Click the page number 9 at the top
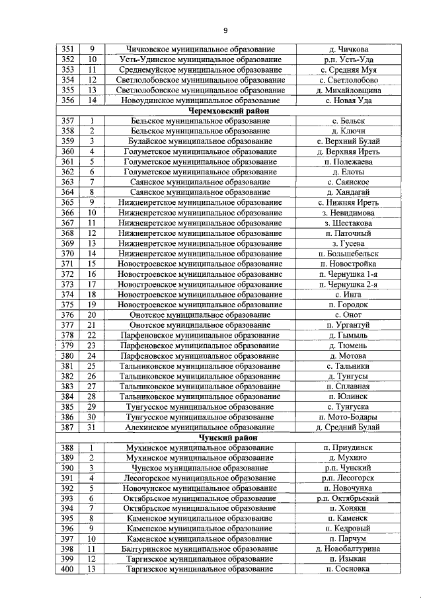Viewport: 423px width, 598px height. [x=225, y=31]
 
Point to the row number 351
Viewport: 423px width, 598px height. [x=67, y=50]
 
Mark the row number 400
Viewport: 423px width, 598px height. [x=67, y=569]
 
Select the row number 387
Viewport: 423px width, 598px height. [x=67, y=428]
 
